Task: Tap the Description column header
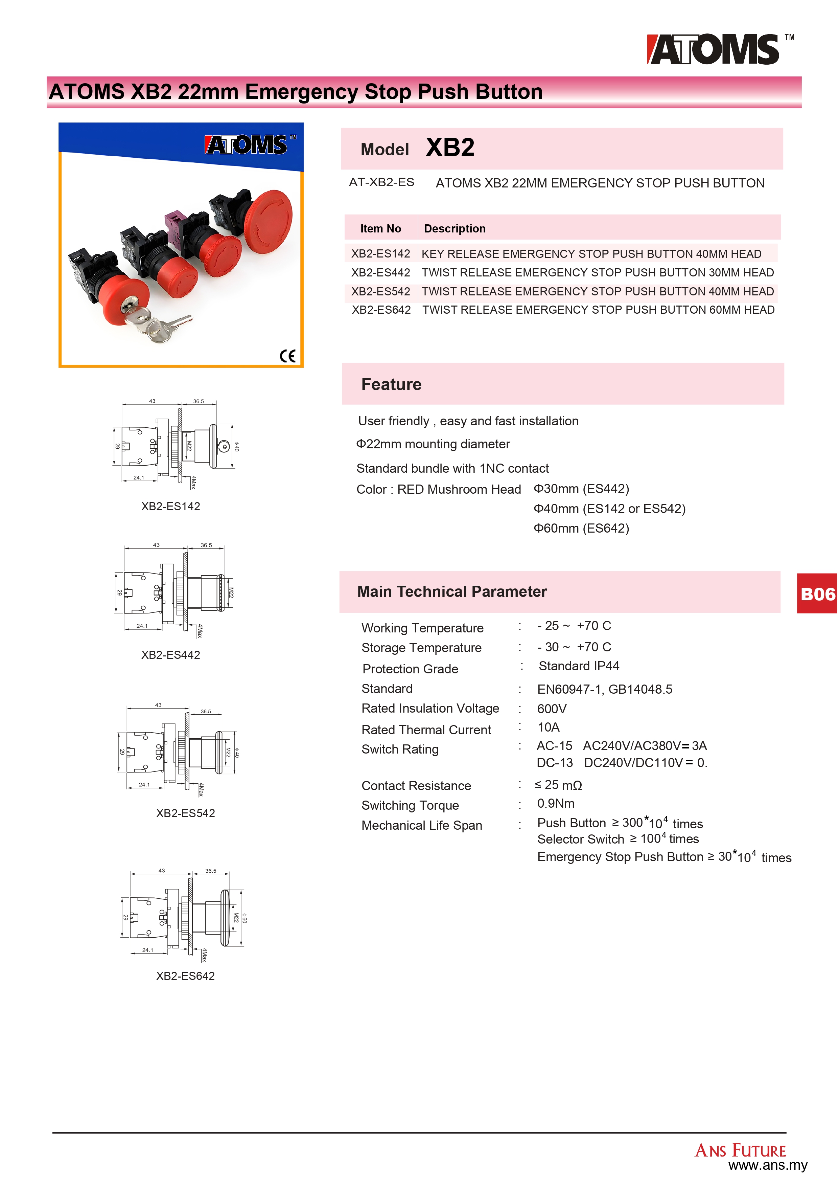pos(455,228)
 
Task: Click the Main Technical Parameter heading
pos(451,591)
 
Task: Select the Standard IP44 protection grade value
pos(579,666)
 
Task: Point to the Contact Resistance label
pos(416,786)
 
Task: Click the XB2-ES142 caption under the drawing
pos(170,506)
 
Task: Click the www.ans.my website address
pos(767,1165)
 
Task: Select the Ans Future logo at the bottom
pos(740,1150)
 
